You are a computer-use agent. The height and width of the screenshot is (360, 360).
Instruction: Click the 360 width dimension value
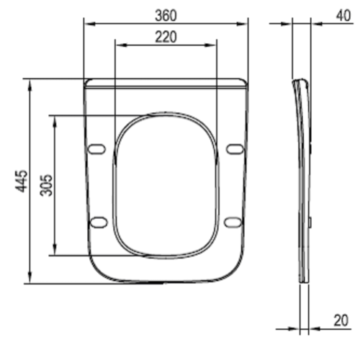[166, 16]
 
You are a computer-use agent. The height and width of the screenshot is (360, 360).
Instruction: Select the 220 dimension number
[166, 37]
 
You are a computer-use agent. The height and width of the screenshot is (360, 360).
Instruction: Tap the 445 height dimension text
[22, 181]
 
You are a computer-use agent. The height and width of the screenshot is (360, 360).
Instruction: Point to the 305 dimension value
[46, 185]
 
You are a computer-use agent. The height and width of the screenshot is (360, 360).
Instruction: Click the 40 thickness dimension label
[343, 16]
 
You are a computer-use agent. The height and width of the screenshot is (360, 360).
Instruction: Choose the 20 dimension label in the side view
[341, 320]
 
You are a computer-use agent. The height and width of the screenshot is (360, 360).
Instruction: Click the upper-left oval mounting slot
[96, 149]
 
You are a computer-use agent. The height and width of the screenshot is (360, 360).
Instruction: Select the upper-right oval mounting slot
[235, 149]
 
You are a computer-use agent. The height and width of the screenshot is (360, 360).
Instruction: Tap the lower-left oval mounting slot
[99, 222]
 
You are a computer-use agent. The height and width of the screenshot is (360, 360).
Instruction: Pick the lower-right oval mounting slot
[233, 222]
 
